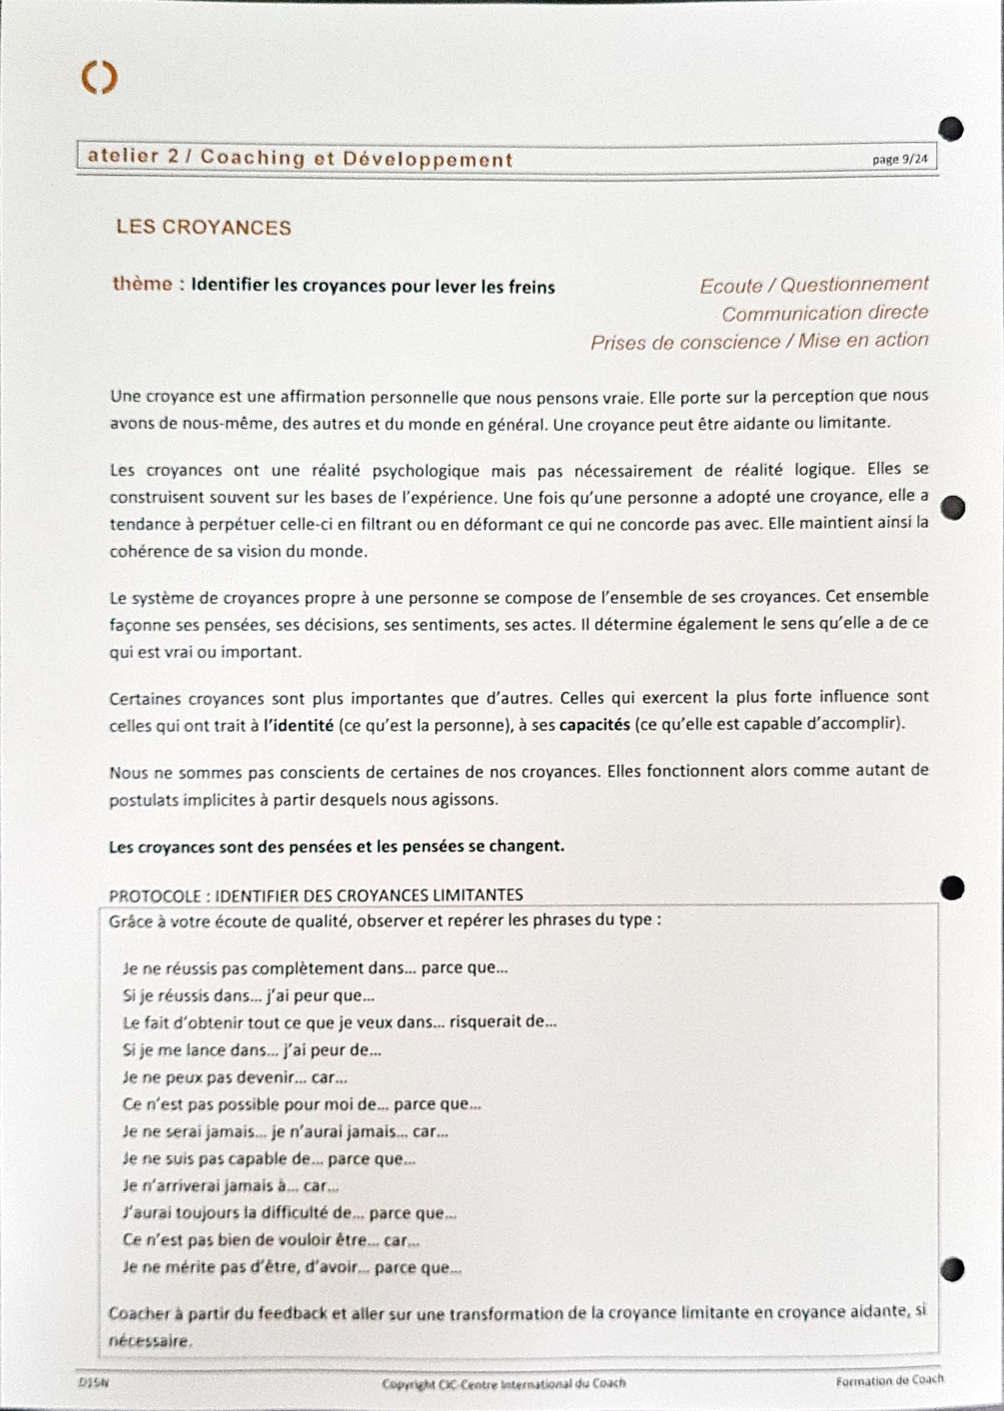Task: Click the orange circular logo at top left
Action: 99,78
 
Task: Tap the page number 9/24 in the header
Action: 900,160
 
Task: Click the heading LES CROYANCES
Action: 203,227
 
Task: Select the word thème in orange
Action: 142,284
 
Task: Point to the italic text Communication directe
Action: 824,314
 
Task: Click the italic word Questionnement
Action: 855,284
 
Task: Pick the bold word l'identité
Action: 299,725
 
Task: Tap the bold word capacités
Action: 594,724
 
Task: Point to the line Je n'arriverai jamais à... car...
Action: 231,1186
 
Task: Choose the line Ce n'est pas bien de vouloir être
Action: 272,1241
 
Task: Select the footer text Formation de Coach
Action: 890,1380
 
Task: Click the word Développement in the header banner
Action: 427,160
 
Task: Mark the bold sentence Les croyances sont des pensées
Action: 336,846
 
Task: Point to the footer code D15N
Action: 93,1383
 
